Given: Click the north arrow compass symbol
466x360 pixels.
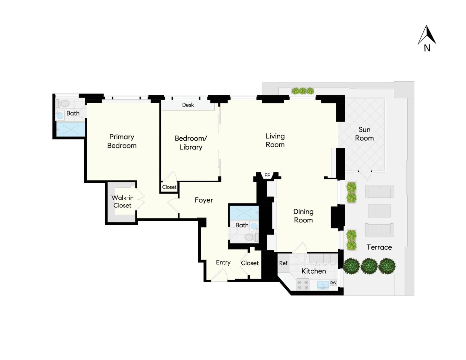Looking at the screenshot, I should coord(427,35).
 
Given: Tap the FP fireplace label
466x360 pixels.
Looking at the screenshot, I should coord(267,176).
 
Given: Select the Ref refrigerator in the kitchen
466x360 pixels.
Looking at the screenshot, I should coord(283,263).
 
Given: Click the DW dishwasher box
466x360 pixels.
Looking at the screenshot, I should coord(333,283).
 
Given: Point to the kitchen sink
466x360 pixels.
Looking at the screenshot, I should coord(323,285).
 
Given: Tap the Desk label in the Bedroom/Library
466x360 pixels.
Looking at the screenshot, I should coord(188,105).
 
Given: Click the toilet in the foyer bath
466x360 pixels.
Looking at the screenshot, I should coord(251,237).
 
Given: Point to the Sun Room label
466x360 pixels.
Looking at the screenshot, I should coord(364,134).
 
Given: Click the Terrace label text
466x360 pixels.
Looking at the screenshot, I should coord(379,247).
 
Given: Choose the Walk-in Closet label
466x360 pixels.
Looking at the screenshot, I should coord(122,202).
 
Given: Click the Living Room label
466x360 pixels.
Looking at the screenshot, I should coord(275,140).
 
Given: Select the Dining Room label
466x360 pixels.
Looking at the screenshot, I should coord(303,216).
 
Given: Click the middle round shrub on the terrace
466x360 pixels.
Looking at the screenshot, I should coord(369,266).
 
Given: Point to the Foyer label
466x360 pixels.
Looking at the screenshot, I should coord(204,200).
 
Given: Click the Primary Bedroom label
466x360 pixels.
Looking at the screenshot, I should coord(122,141).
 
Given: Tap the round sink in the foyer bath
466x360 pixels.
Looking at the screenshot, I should coord(254,226).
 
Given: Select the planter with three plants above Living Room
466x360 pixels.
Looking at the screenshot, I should coord(303,91).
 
